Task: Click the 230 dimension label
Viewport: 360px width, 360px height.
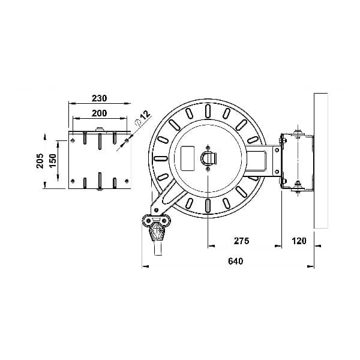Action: click(x=100, y=98)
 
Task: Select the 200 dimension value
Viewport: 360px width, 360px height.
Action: click(x=100, y=113)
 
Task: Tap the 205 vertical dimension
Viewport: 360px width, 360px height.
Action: click(x=40, y=161)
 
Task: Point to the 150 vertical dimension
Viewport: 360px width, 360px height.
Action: click(x=53, y=161)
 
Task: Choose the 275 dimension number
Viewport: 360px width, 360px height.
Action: click(x=242, y=241)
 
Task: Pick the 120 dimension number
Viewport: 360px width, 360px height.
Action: click(x=299, y=241)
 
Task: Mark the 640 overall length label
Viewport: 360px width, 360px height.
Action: click(x=236, y=261)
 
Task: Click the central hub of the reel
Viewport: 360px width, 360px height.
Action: click(x=208, y=158)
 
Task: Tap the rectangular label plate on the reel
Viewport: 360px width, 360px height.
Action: click(x=188, y=158)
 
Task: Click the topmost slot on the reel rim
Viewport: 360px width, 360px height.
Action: click(x=208, y=111)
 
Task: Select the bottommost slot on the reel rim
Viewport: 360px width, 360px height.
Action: click(x=208, y=206)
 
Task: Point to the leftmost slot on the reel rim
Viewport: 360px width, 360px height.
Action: click(x=161, y=158)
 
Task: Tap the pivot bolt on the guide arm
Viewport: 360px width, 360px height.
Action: click(x=157, y=210)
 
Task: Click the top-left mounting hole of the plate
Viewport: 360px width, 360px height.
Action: click(x=73, y=140)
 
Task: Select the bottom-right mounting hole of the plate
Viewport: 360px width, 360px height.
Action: click(x=127, y=181)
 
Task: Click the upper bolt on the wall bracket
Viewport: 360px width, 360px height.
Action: click(x=298, y=134)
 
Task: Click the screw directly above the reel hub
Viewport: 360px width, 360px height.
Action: click(x=208, y=148)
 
